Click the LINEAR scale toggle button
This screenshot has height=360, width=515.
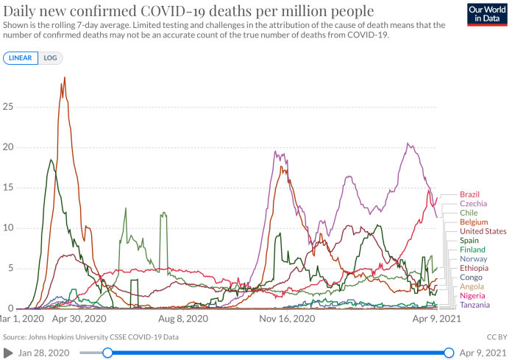tap(21, 58)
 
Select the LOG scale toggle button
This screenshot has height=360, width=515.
tap(50, 58)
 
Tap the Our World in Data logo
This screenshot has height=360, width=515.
tap(487, 15)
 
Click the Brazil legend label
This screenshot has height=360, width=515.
tap(469, 194)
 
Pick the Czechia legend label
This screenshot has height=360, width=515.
tap(473, 203)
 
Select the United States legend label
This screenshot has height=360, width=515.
tap(483, 231)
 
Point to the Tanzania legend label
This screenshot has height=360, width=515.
tap(475, 305)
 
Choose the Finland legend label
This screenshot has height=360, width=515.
tap(472, 250)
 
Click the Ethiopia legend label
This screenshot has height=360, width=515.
tap(474, 268)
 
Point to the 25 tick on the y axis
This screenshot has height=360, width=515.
tap(8, 107)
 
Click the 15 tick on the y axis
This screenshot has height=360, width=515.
tap(8, 188)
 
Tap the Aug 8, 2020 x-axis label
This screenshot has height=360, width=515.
tap(183, 319)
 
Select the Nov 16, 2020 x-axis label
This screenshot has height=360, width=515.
tap(287, 319)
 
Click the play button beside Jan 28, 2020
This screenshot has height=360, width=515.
tap(8, 353)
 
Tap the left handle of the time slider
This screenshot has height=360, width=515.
tap(107, 353)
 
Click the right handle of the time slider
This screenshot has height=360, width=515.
tap(449, 353)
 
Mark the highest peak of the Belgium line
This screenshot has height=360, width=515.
tap(65, 77)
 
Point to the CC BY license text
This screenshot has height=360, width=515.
tap(497, 337)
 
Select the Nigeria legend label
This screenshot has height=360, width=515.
tap(472, 295)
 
